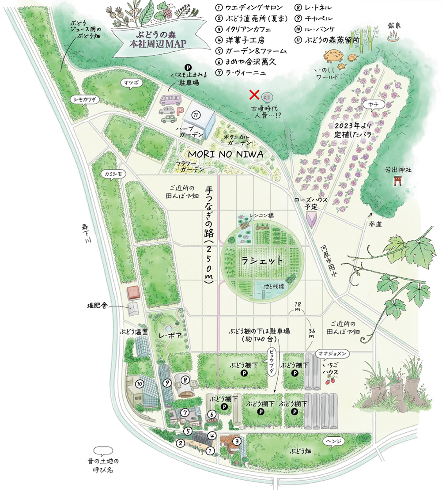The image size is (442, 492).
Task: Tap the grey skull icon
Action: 266,96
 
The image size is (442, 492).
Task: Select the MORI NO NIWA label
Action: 225,154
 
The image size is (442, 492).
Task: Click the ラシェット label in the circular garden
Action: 262,261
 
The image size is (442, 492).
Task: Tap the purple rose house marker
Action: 312,219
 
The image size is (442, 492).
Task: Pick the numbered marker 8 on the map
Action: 185,379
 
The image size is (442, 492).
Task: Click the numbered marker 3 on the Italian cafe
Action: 237,441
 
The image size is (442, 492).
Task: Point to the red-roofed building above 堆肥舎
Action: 132,292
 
